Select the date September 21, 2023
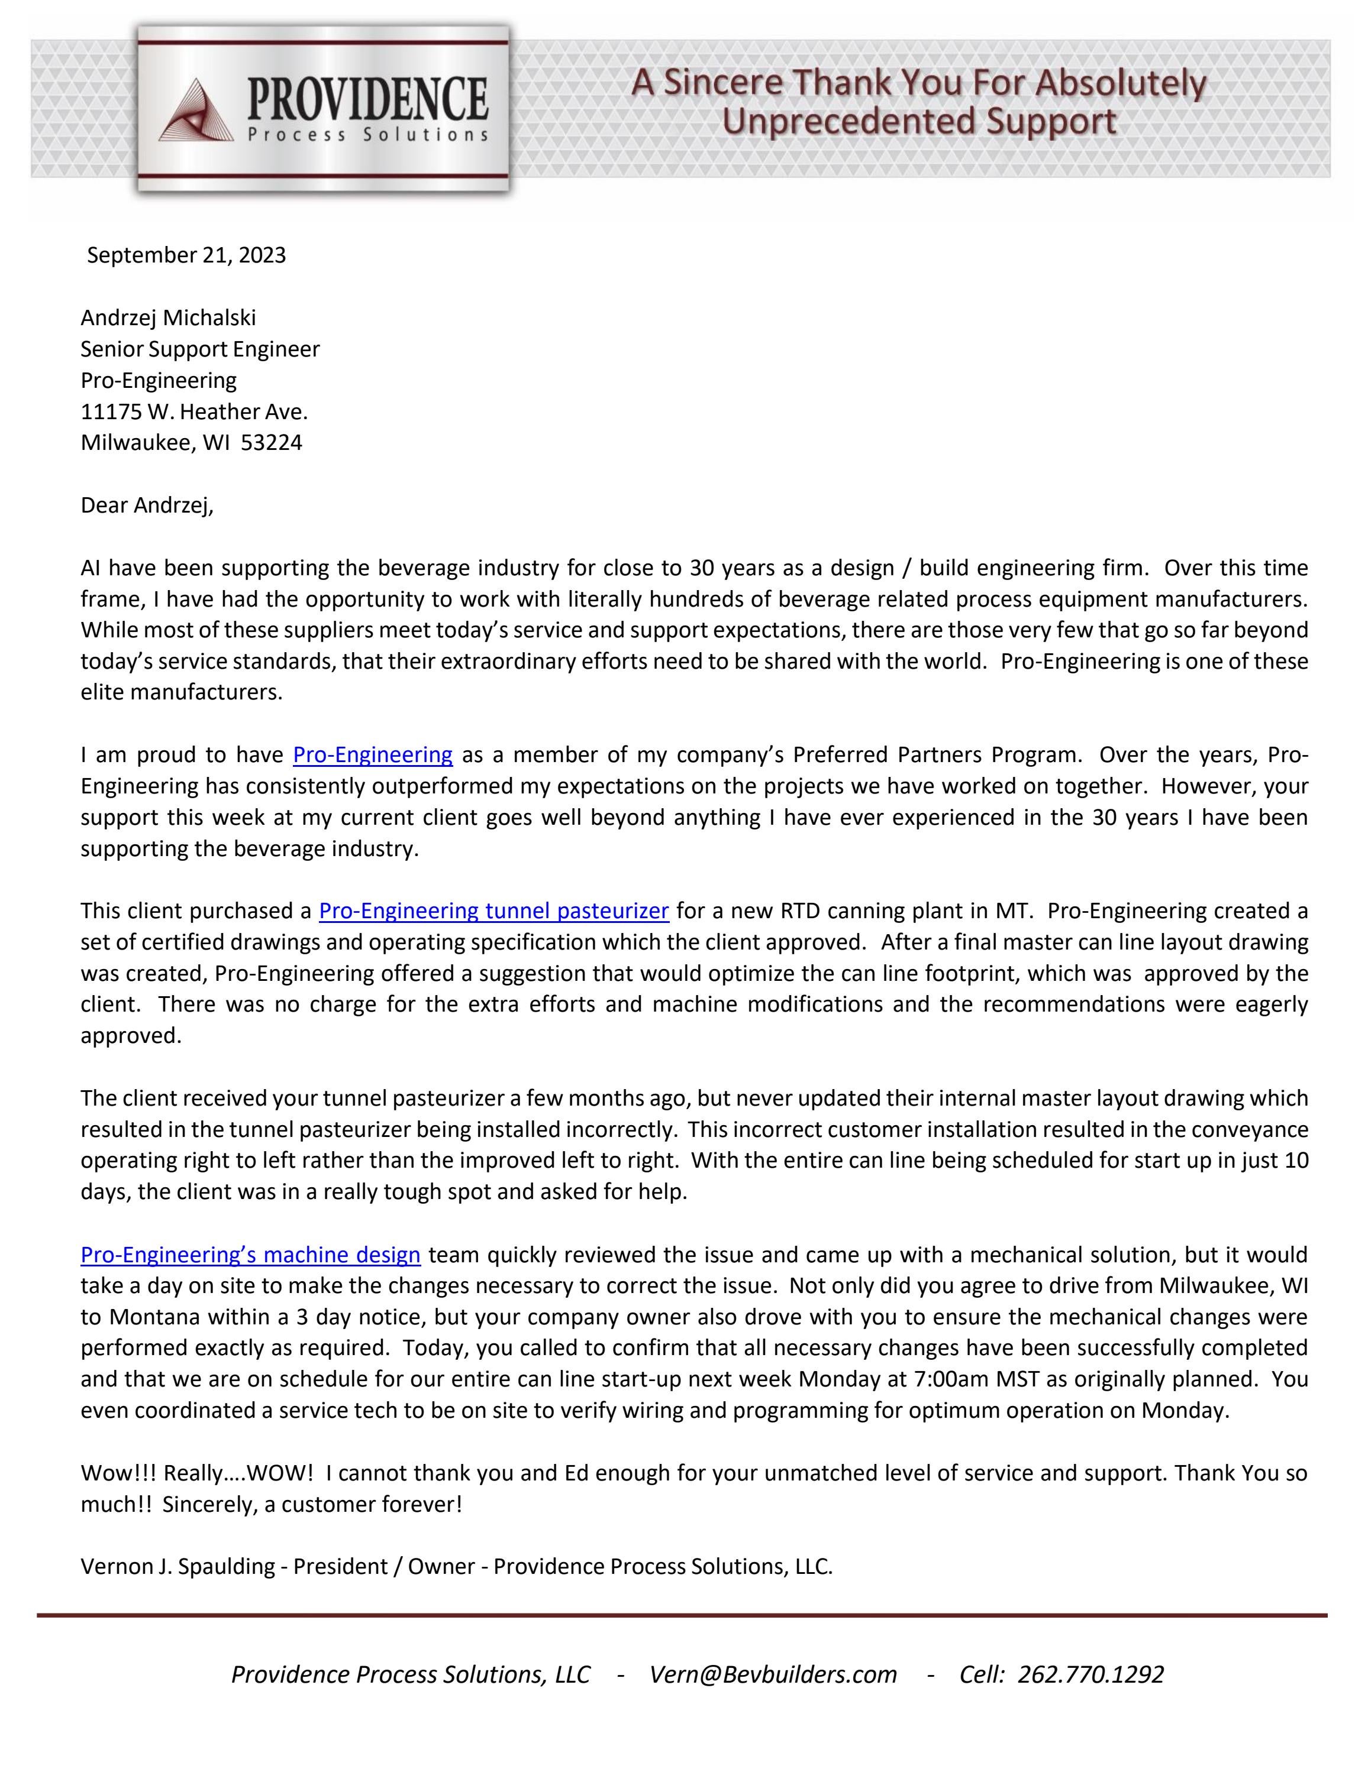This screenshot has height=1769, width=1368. click(x=186, y=255)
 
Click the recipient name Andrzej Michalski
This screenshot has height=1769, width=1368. click(x=168, y=317)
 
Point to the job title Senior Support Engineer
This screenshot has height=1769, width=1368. click(x=200, y=349)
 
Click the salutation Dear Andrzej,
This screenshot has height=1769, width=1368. click(x=147, y=506)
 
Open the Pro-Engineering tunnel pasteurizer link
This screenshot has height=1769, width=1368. click(x=493, y=911)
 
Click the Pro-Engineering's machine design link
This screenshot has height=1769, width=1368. click(x=250, y=1255)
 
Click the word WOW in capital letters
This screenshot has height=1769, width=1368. click(x=276, y=1473)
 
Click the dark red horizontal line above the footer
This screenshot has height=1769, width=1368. click(x=682, y=1616)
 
